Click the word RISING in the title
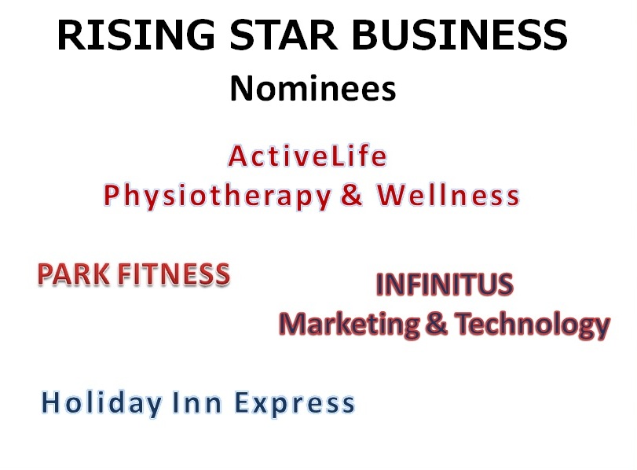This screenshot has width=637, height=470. click(136, 35)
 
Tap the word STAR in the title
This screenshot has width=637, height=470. click(284, 35)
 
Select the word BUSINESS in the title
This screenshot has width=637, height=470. click(459, 35)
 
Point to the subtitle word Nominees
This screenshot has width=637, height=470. click(313, 89)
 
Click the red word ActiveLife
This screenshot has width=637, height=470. click(308, 156)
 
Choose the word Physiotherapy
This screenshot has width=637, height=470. click(218, 196)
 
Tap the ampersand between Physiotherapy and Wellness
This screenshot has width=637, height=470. click(351, 195)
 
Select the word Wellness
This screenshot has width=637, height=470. click(448, 195)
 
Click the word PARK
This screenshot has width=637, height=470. click(74, 274)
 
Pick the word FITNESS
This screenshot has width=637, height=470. click(174, 274)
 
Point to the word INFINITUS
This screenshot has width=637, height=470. click(445, 285)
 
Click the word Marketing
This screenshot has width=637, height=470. click(350, 325)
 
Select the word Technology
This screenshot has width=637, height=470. click(533, 325)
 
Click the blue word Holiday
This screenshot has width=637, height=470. click(102, 403)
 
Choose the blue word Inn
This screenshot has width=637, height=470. click(197, 402)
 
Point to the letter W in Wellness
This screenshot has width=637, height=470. click(391, 195)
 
